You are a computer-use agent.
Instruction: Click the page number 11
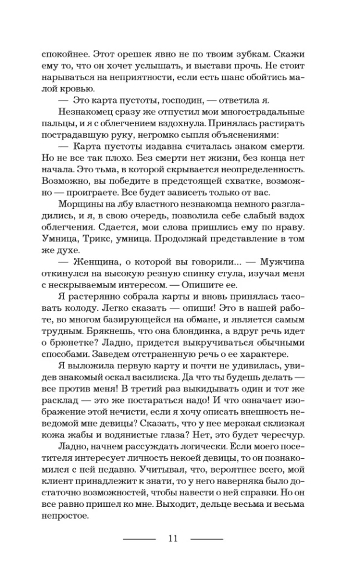pos(172,538)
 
